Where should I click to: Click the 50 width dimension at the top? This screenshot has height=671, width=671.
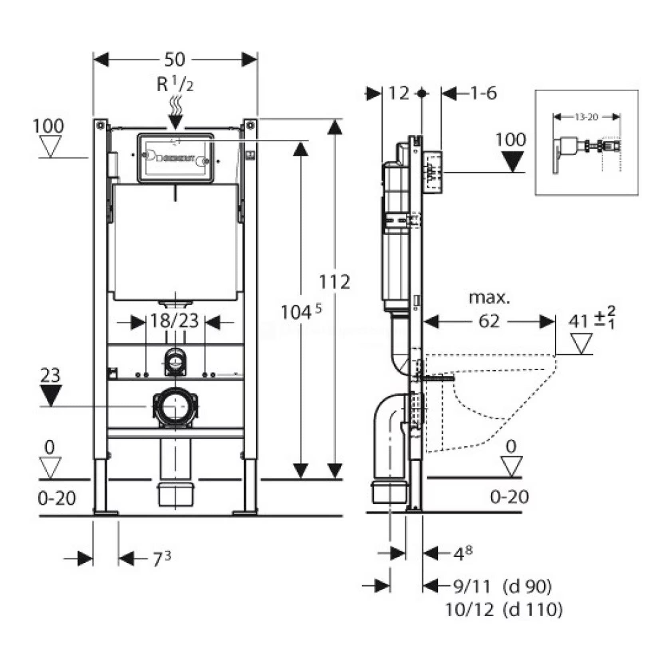175,60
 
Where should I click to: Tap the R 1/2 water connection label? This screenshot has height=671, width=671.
175,85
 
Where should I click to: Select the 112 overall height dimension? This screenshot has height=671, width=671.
334,282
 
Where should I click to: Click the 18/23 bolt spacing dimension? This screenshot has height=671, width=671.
175,321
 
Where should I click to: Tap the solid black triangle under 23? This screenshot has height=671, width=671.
51,395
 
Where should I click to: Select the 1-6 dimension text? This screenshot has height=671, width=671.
483,93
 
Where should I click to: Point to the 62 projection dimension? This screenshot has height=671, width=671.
488,321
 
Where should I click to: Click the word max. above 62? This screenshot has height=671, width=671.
489,298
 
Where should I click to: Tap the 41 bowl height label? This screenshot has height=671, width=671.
579,321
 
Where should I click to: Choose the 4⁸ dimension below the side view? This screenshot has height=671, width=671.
463,554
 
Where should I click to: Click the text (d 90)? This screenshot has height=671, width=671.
527,586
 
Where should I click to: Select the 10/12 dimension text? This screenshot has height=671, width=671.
469,610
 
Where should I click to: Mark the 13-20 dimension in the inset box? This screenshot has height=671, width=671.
586,117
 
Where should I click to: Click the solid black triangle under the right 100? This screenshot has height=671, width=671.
512,162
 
